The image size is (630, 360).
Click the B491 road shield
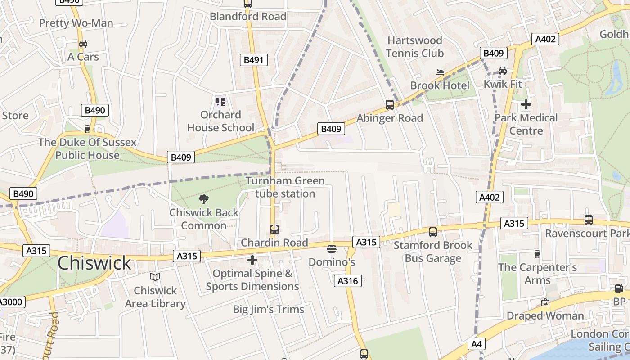(x=254, y=60)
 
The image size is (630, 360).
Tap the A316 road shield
(x=348, y=281)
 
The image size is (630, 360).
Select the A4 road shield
(x=476, y=344)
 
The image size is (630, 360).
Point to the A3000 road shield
(x=11, y=301)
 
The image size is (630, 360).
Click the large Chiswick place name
(x=94, y=263)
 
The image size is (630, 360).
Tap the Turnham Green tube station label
(x=285, y=187)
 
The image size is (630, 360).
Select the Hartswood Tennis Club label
(x=414, y=47)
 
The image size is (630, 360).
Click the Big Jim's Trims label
(x=268, y=310)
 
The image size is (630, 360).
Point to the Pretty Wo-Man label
(x=76, y=23)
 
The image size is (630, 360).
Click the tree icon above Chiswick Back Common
(x=204, y=199)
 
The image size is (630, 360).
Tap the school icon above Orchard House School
(x=220, y=101)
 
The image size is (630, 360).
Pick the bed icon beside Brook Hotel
(x=440, y=72)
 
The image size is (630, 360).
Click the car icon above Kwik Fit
(x=503, y=71)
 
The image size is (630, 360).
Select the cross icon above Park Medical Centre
(x=526, y=104)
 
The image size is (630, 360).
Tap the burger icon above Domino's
(x=332, y=248)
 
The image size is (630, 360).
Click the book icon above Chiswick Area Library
(x=155, y=277)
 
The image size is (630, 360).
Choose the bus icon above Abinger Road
(x=390, y=105)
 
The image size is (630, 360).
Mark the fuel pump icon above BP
(x=619, y=288)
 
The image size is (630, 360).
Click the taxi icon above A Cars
(x=83, y=44)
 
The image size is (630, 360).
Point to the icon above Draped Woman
(x=545, y=302)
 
